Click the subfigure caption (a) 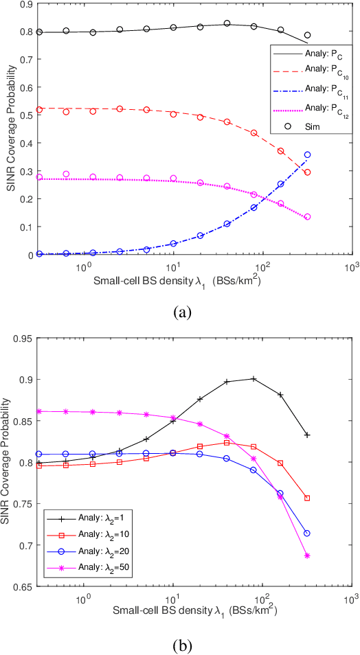180,312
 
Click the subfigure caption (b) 181,645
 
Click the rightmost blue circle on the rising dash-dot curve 307,154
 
